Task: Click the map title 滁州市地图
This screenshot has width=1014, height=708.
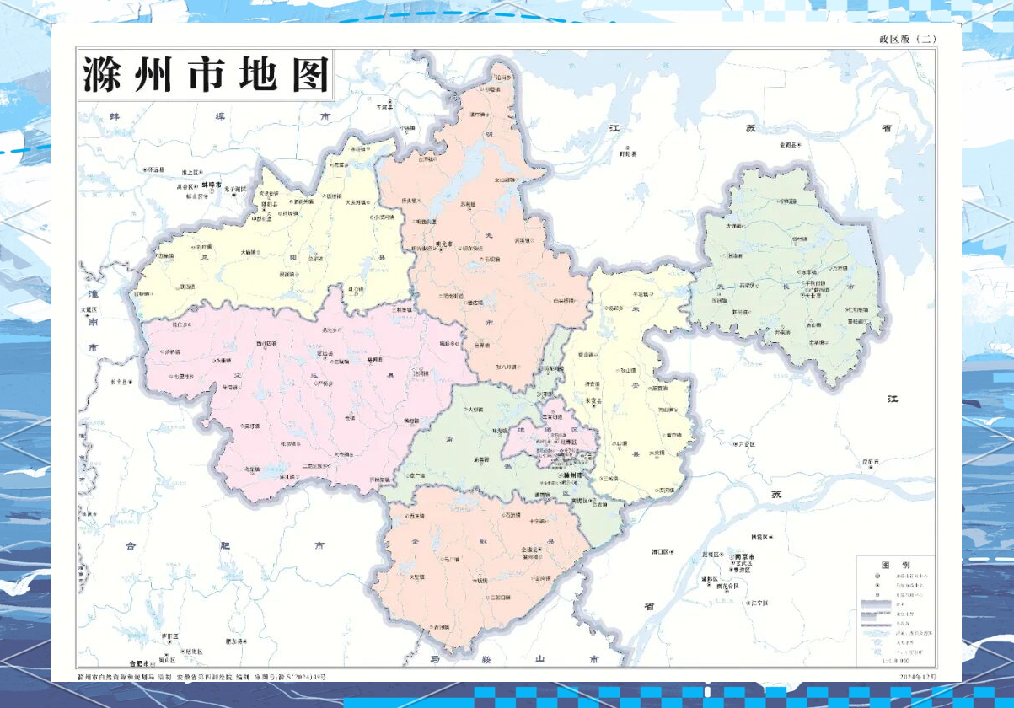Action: tap(206, 74)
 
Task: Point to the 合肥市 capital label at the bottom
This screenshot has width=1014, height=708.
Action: tap(133, 663)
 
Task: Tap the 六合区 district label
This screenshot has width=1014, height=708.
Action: tap(745, 443)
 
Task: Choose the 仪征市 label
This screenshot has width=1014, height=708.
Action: tap(871, 462)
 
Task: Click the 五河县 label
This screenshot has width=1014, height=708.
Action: tap(384, 108)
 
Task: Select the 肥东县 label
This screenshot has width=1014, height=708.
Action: tap(235, 641)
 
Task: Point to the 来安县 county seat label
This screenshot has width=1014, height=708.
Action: tap(594, 401)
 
